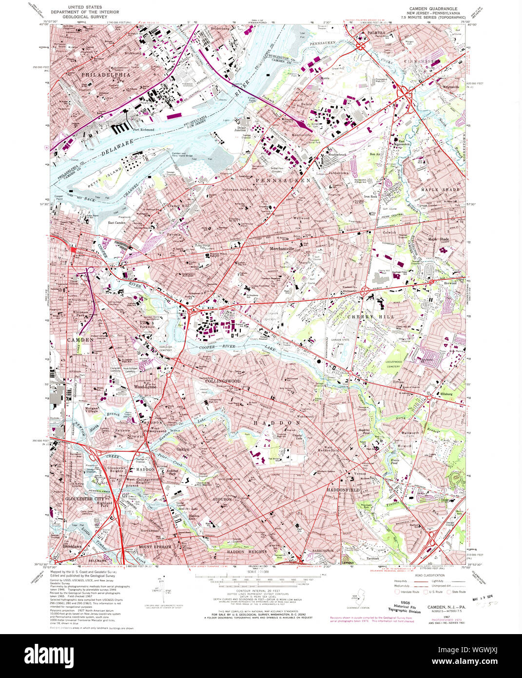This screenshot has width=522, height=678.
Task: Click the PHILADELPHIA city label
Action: pyautogui.click(x=106, y=75)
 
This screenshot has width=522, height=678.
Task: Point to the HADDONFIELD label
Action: pyautogui.click(x=343, y=489)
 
